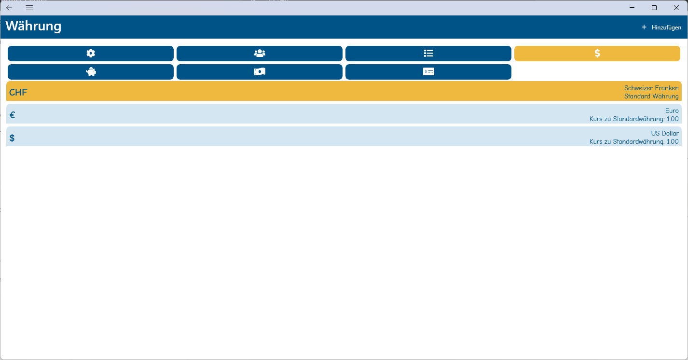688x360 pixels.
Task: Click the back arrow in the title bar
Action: click(x=9, y=8)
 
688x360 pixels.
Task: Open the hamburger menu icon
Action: click(x=29, y=8)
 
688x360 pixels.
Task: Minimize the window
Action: click(x=632, y=8)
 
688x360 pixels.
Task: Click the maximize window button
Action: click(x=654, y=8)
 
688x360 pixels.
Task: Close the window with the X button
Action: click(x=676, y=8)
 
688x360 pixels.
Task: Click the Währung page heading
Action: click(x=33, y=26)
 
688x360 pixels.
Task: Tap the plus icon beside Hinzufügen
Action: click(x=644, y=27)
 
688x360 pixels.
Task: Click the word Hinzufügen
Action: click(x=666, y=28)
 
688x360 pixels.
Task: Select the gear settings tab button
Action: click(x=91, y=54)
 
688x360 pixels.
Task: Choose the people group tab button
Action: click(x=260, y=54)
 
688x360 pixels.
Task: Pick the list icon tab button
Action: click(x=428, y=54)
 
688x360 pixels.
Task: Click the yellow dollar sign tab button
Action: click(x=597, y=54)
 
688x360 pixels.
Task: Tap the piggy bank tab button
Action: click(x=91, y=72)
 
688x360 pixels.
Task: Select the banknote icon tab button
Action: click(x=260, y=72)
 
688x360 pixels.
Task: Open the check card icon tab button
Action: click(x=428, y=72)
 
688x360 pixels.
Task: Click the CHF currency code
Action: click(x=18, y=92)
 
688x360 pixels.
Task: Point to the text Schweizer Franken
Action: click(x=651, y=88)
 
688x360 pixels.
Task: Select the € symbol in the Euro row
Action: click(x=13, y=115)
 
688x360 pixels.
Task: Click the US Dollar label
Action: click(x=665, y=133)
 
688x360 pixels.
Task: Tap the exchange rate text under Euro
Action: click(x=634, y=119)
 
